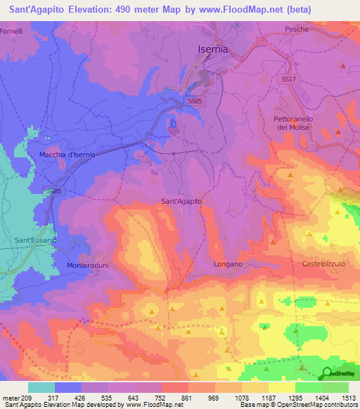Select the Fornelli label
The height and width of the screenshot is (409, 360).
pos(12,32)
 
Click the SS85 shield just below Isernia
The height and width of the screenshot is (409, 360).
pos(196,101)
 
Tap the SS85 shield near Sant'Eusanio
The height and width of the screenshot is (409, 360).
pos(54,191)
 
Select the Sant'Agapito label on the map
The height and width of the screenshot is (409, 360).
pos(182,202)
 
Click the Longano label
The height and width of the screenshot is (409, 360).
pos(228,264)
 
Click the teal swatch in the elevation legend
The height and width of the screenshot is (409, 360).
pos(41,387)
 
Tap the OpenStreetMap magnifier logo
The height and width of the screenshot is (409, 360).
pos(327,374)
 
